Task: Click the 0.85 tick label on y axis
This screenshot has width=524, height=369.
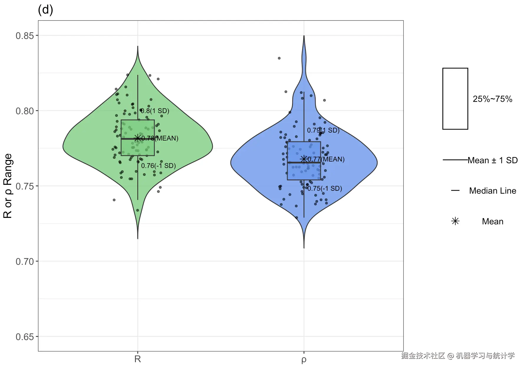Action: point(25,36)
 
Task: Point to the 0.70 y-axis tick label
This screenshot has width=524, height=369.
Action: point(25,262)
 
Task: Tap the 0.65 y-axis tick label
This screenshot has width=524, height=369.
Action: point(25,337)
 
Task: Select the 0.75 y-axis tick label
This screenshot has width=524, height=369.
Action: point(25,186)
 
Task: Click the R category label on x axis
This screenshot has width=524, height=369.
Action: point(138,359)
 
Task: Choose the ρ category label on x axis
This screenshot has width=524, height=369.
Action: point(304,360)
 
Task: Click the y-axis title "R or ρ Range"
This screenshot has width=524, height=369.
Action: point(8,186)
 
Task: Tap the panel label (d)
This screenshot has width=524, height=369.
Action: point(45,10)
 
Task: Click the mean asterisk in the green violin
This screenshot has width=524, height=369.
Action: point(138,138)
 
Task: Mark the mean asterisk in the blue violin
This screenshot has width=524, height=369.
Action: point(304,159)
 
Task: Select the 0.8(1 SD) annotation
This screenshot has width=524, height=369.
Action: point(155,111)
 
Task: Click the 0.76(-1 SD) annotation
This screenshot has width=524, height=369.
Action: point(159,166)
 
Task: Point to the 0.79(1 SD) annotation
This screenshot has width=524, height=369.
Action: point(323,130)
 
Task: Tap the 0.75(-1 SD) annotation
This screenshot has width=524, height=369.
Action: point(325,188)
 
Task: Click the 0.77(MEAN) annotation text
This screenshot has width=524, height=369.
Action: point(326,159)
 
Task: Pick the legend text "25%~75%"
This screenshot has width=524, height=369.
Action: point(492,99)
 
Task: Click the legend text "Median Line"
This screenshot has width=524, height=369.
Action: point(492,191)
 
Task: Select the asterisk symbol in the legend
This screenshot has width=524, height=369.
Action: point(455,221)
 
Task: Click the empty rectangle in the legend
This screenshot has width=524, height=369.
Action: point(455,99)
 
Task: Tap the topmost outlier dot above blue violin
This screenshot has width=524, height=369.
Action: point(279,58)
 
